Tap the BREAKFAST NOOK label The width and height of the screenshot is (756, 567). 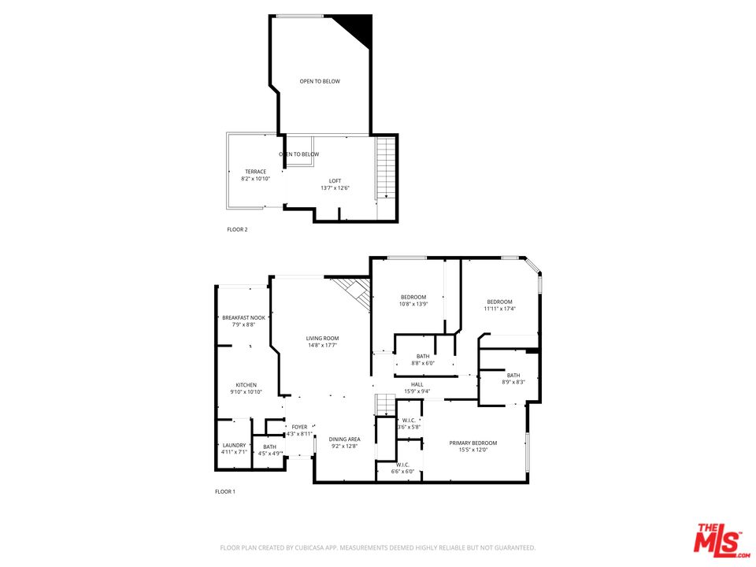tap(243, 317)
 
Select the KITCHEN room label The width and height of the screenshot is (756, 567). tap(246, 384)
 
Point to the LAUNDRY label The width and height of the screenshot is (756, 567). tap(234, 445)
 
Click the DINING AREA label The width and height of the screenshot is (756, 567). tap(344, 439)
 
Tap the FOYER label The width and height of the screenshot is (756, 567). tap(299, 427)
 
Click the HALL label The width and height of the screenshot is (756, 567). tap(417, 384)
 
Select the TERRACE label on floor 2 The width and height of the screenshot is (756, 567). tap(255, 172)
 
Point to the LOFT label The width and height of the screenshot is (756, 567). tap(335, 181)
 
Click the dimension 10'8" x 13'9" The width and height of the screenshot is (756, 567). tap(413, 304)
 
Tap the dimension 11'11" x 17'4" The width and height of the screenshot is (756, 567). tap(499, 309)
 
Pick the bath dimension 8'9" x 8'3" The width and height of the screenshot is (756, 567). tap(513, 382)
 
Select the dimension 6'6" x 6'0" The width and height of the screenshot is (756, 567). tap(402, 472)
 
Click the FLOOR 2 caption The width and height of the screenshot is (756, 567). tap(237, 230)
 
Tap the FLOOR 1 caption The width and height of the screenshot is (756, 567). tap(225, 491)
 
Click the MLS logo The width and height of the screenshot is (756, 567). tap(718, 540)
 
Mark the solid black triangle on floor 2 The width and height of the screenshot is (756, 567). tap(359, 28)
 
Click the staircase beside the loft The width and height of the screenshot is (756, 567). tap(384, 168)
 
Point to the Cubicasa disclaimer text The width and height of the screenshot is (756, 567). tap(378, 547)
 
